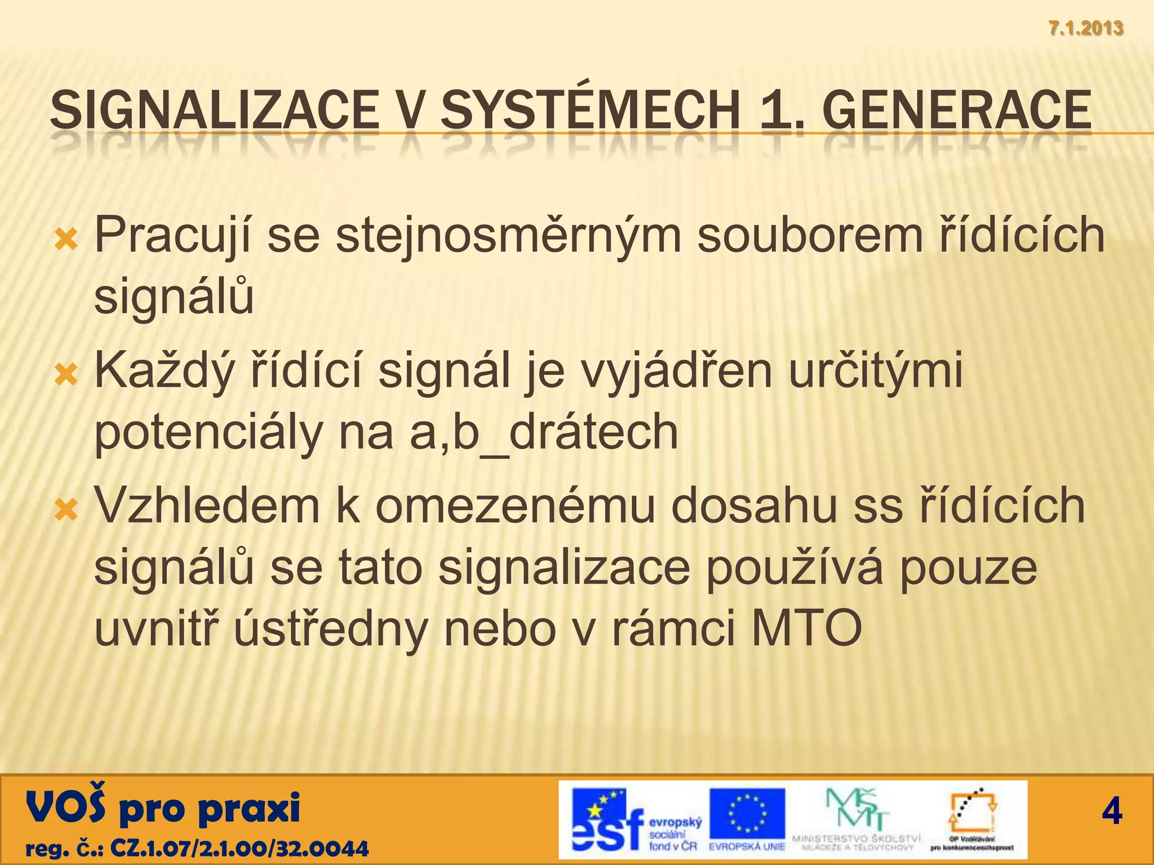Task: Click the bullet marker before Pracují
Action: [66, 240]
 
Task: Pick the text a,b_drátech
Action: [544, 432]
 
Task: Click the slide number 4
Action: [1112, 812]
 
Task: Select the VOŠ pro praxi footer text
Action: [163, 809]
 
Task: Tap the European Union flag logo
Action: [747, 814]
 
